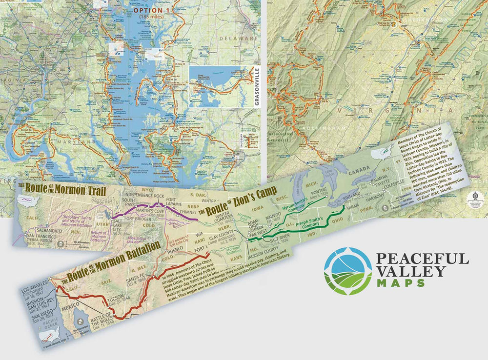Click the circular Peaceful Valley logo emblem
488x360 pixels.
[x=347, y=270]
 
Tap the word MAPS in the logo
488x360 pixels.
[x=393, y=282]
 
